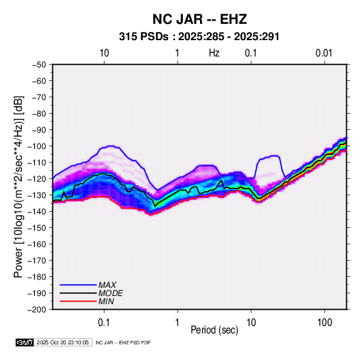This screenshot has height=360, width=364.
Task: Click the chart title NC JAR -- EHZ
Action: (199, 19)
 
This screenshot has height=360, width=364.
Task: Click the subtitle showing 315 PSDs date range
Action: (199, 37)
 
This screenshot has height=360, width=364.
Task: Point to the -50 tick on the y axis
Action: (39, 65)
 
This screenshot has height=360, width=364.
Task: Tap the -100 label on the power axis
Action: (37, 146)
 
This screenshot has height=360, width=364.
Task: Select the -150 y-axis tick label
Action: (37, 228)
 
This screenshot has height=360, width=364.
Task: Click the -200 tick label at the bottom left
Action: (37, 310)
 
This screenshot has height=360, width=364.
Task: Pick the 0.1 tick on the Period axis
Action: (104, 323)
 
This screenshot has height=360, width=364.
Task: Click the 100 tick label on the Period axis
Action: (325, 323)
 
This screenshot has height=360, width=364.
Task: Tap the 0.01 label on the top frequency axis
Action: (324, 53)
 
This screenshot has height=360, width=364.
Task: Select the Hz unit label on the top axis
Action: (214, 53)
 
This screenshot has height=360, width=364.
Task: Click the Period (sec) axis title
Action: (214, 330)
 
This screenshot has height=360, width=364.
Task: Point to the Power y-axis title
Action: (18, 186)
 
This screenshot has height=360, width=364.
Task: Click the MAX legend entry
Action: (107, 284)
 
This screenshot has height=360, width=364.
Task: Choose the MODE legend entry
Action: (110, 293)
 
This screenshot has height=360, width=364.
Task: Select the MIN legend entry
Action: (106, 301)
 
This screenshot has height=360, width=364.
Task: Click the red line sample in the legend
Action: (78, 301)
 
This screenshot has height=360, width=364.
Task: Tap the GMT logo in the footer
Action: (24, 342)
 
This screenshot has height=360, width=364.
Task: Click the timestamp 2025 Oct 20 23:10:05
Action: (63, 342)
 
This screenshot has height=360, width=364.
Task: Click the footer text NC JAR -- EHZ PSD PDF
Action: (123, 342)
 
